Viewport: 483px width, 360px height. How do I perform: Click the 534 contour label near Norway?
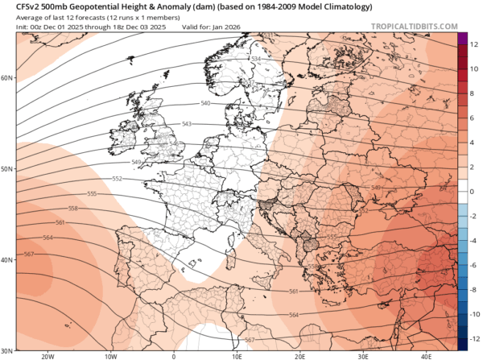[257, 60]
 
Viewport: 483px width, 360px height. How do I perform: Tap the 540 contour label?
[205, 104]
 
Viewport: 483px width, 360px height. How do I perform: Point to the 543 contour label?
[187, 123]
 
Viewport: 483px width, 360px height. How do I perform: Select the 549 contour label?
[135, 163]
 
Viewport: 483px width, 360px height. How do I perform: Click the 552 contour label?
[117, 178]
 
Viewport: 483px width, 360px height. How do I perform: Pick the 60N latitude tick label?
[7, 78]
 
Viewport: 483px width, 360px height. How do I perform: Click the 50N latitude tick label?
[7, 169]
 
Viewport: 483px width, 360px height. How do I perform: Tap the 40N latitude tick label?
[7, 260]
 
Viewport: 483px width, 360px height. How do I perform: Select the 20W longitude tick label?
[47, 355]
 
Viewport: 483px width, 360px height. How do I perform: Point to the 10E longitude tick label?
[237, 355]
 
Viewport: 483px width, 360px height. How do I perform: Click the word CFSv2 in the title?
[19, 6]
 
